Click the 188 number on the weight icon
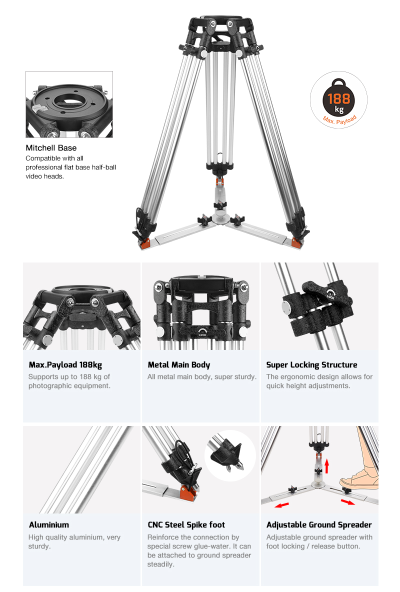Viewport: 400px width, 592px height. tap(338, 99)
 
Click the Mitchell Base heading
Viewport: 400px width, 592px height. tap(51, 148)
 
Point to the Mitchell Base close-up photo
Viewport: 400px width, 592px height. tap(69, 104)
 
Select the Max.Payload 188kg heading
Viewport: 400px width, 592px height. tap(65, 364)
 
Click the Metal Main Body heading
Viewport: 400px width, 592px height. tap(178, 364)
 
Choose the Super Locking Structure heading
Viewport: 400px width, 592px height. tap(311, 364)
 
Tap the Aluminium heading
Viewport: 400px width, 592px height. tap(48, 525)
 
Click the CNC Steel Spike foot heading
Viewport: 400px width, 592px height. tap(186, 525)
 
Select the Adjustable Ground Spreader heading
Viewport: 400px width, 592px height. tap(319, 525)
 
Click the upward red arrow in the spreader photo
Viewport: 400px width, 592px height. tap(326, 466)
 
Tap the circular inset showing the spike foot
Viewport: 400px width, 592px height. tap(230, 455)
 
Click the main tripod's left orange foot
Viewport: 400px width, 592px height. tap(144, 243)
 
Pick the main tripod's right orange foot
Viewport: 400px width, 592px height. tap(296, 243)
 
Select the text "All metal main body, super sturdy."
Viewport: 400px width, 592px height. tap(201, 377)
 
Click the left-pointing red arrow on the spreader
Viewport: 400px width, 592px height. tap(282, 505)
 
